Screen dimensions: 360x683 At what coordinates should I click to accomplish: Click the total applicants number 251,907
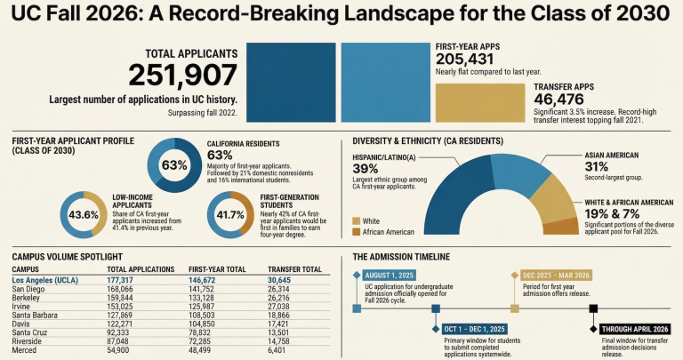point(183,76)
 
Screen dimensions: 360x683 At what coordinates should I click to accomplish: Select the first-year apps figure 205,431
point(472,58)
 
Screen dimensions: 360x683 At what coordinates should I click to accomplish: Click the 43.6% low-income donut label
point(84,215)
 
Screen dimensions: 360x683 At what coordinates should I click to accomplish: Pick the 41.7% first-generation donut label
point(230,215)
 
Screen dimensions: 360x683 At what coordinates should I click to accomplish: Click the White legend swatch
point(358,220)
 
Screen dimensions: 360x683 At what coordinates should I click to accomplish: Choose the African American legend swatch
point(358,232)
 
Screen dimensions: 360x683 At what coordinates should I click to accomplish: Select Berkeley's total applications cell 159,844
point(126,298)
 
